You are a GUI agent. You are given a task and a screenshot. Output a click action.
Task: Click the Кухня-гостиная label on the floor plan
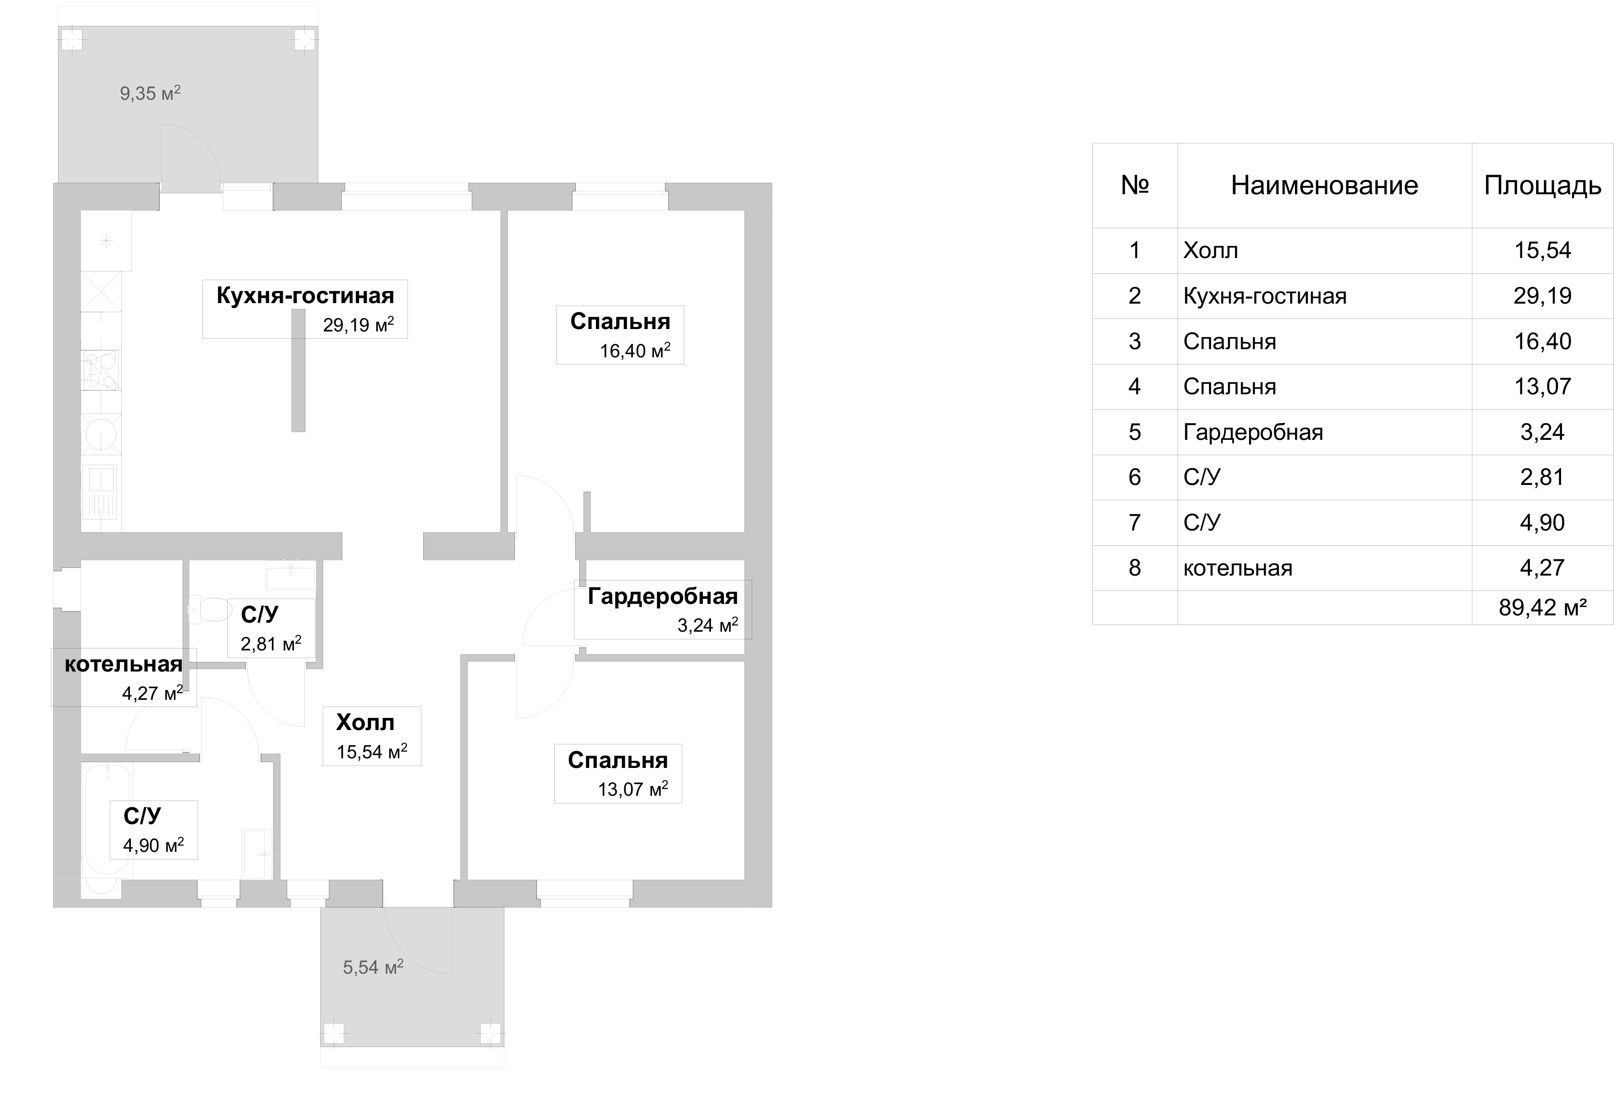[x=305, y=295]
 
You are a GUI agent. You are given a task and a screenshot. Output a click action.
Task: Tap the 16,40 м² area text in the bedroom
[x=635, y=350]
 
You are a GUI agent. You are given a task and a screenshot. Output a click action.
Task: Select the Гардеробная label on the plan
[x=662, y=596]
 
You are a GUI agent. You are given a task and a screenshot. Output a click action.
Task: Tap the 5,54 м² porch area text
[x=373, y=967]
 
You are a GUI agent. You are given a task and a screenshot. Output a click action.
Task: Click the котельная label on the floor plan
[x=123, y=664]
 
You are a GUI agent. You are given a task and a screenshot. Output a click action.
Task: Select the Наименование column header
[x=1325, y=186]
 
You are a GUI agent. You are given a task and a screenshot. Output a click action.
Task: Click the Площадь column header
[x=1543, y=186]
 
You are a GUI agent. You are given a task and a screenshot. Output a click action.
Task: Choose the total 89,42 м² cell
[x=1543, y=607]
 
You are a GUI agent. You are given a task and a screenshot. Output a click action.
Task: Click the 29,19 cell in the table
[x=1543, y=295]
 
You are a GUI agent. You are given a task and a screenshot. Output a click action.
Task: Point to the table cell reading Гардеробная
[x=1253, y=432]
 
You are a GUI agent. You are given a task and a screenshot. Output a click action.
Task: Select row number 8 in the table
[x=1135, y=567]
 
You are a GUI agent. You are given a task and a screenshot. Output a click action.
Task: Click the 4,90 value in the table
[x=1543, y=522]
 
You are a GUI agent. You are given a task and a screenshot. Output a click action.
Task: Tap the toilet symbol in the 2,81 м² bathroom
[x=209, y=609]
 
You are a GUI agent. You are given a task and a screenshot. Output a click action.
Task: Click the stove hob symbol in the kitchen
[x=101, y=369]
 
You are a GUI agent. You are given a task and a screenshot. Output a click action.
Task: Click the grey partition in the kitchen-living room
[x=298, y=370]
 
